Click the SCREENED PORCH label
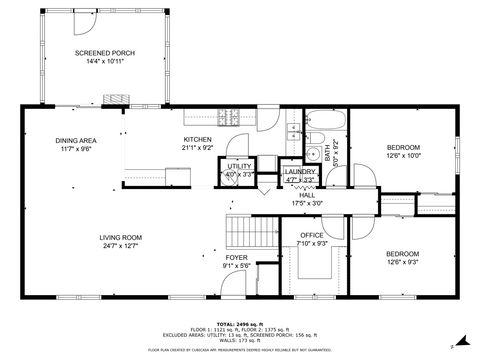(104, 52)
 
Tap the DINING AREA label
(75, 140)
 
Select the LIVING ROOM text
(120, 237)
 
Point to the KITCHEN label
(197, 140)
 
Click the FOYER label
(235, 258)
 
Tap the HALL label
(306, 196)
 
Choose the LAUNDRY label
(300, 172)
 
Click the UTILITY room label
(238, 167)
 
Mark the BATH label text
(327, 153)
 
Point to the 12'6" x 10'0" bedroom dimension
(404, 155)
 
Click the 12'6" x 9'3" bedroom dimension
(404, 262)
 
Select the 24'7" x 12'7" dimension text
(120, 245)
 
